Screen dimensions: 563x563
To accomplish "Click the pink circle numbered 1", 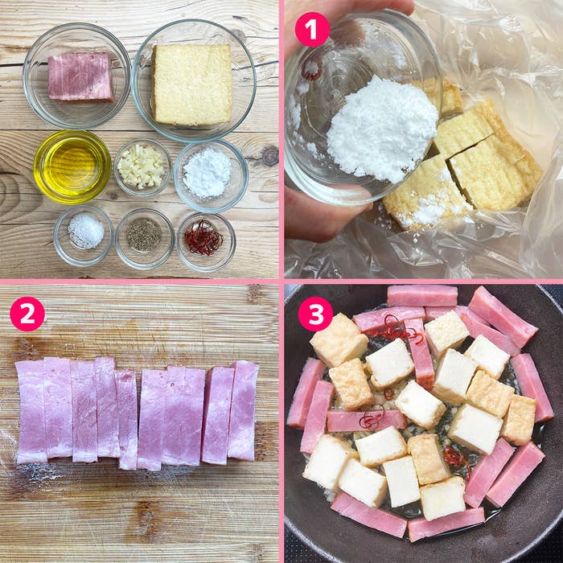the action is pyautogui.click(x=312, y=30).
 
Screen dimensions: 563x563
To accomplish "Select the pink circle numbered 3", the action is pyautogui.click(x=315, y=314).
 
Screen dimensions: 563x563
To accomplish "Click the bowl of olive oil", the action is pyautogui.click(x=72, y=167).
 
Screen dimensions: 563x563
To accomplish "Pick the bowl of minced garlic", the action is pyautogui.click(x=142, y=167).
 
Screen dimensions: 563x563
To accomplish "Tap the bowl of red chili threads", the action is pyautogui.click(x=206, y=241).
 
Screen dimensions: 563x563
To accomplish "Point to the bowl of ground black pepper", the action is pyautogui.click(x=144, y=238).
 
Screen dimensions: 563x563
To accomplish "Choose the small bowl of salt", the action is pyautogui.click(x=84, y=236).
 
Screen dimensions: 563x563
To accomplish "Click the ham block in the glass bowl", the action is pyautogui.click(x=80, y=77).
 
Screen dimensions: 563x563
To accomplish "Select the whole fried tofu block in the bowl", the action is pyautogui.click(x=192, y=84).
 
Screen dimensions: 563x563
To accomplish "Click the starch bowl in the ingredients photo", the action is pyautogui.click(x=211, y=176).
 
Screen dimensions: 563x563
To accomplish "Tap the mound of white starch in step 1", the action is pyautogui.click(x=382, y=129).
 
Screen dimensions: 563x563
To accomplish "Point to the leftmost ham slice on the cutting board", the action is pyautogui.click(x=31, y=412).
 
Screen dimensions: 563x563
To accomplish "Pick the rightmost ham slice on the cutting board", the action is pyautogui.click(x=243, y=411).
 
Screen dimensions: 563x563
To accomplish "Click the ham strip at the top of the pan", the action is pyautogui.click(x=422, y=295).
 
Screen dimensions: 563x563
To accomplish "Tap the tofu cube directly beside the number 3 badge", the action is pyautogui.click(x=339, y=340).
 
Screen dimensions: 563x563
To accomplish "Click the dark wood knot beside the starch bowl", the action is pyautogui.click(x=270, y=156).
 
